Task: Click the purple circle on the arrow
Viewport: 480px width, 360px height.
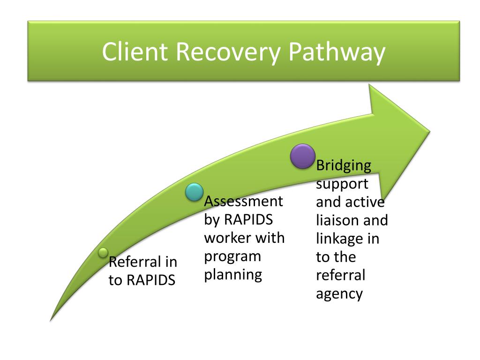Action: point(303,156)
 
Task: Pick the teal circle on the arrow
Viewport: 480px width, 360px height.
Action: point(195,192)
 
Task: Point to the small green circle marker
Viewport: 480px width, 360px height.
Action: point(103,253)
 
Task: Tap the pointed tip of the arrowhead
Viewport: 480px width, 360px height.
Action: point(430,132)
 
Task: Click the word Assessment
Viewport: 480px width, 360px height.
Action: point(244,202)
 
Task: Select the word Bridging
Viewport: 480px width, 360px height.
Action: point(344,166)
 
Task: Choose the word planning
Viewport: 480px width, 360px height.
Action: point(233,275)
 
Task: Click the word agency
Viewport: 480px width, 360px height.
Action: point(339,294)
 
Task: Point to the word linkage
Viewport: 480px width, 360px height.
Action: point(335,239)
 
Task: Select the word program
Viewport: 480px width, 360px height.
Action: point(232,257)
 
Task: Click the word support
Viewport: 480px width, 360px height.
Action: point(342,184)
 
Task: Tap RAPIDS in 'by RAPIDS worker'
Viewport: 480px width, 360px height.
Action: point(248,219)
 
